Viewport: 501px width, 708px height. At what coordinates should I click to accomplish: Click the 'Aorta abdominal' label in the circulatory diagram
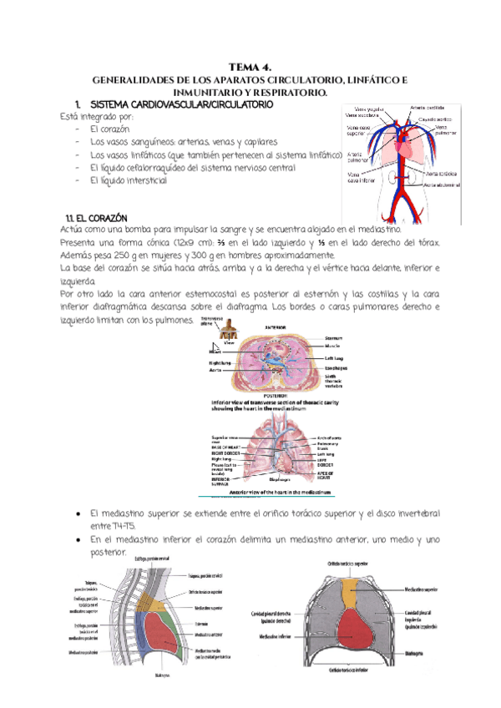pos(442,185)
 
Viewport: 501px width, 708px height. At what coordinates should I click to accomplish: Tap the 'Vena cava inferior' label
pos(360,177)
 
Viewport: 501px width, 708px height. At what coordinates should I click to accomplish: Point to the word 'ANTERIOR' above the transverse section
pos(276,328)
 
